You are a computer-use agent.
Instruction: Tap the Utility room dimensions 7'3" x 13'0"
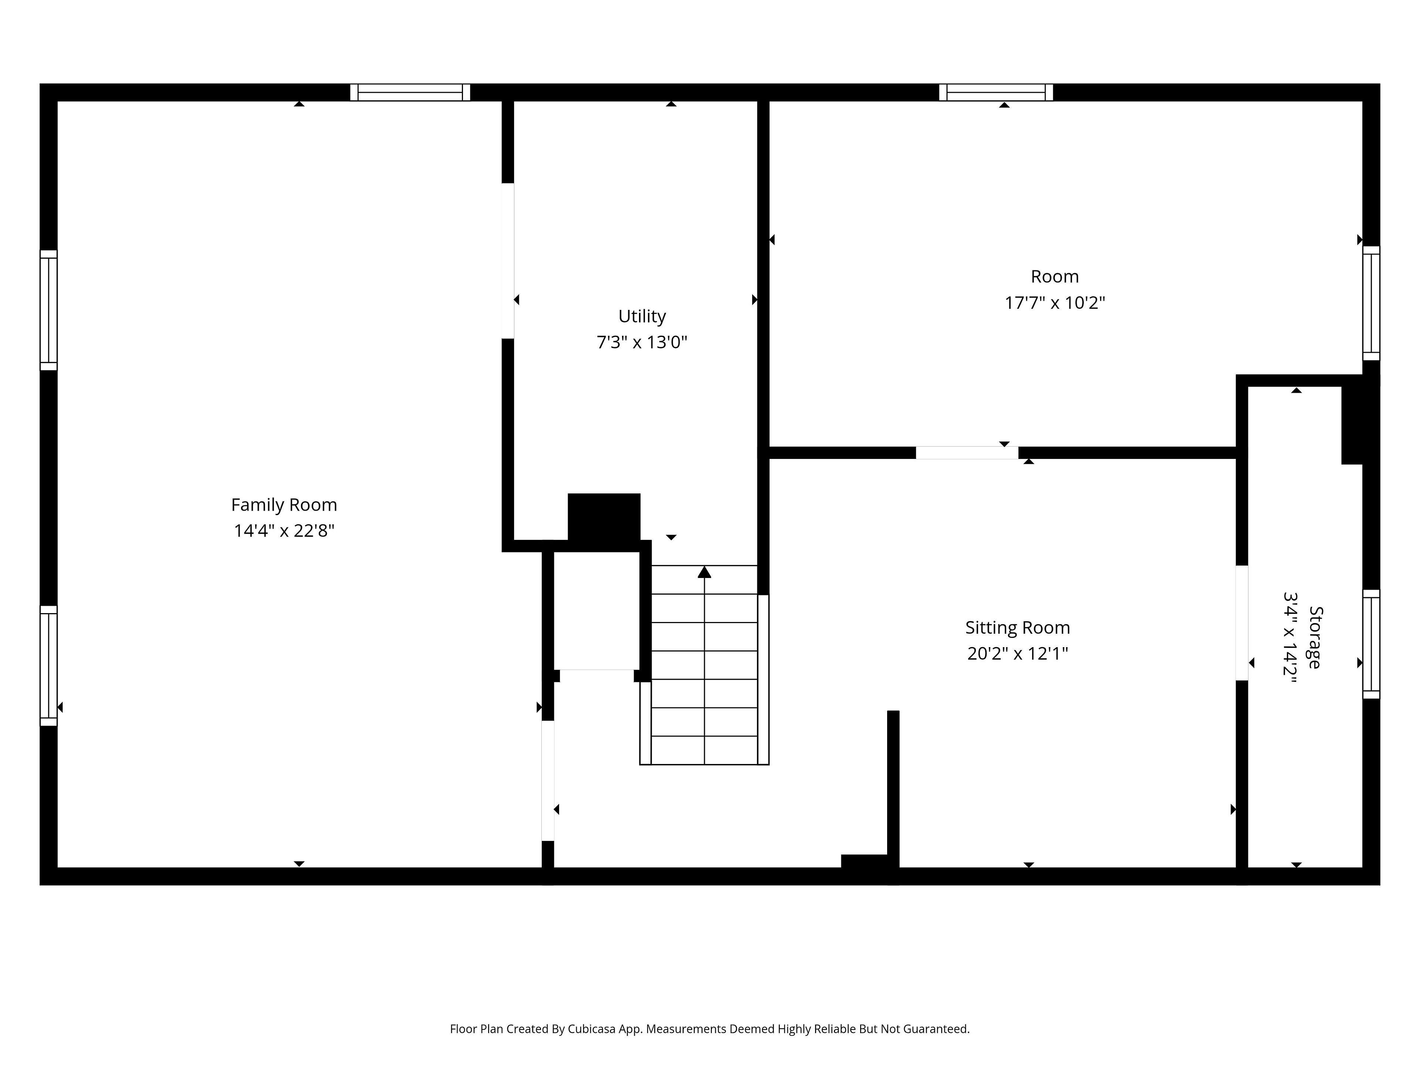click(642, 342)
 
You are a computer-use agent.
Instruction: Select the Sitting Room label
click(1018, 628)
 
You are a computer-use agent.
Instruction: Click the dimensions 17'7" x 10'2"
click(1055, 302)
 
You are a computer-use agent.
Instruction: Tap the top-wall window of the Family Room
click(410, 92)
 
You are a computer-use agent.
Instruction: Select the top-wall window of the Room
click(996, 92)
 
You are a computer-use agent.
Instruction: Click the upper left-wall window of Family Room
click(49, 310)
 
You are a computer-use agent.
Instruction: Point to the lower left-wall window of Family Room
click(49, 666)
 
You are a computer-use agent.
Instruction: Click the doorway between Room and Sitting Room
click(967, 453)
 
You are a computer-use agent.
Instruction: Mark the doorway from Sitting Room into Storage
click(1242, 623)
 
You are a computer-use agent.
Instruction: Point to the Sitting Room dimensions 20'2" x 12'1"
click(1018, 653)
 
